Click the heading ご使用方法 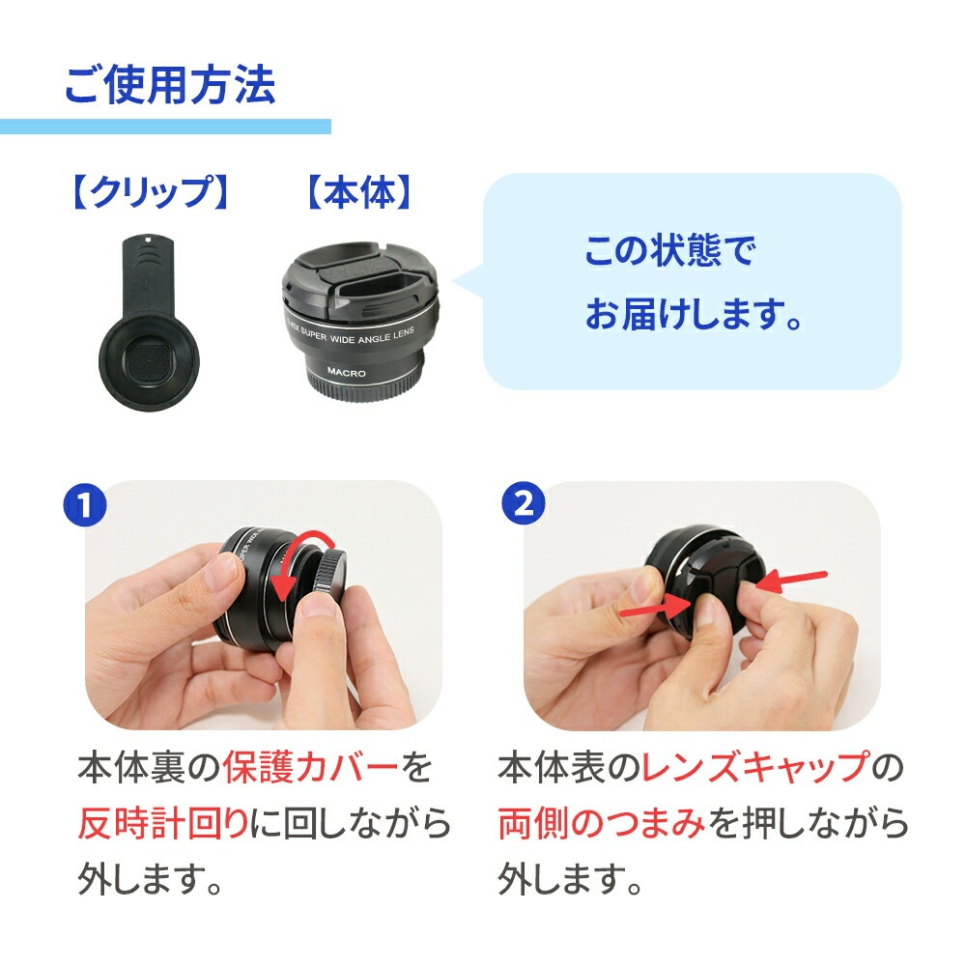(x=169, y=84)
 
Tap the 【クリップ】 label (x=151, y=192)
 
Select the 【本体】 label (x=359, y=192)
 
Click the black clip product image (x=148, y=323)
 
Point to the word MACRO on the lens (x=346, y=372)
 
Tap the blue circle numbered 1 (x=85, y=505)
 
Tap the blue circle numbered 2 (x=524, y=503)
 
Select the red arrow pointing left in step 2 (x=791, y=581)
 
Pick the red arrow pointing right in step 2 (x=655, y=608)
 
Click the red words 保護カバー (x=310, y=768)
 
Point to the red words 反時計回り (x=163, y=823)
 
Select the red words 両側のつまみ (x=601, y=823)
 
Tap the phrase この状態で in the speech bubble (x=670, y=250)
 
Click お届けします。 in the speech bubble (x=693, y=313)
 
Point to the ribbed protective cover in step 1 (x=327, y=572)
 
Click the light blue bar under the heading (x=165, y=127)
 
